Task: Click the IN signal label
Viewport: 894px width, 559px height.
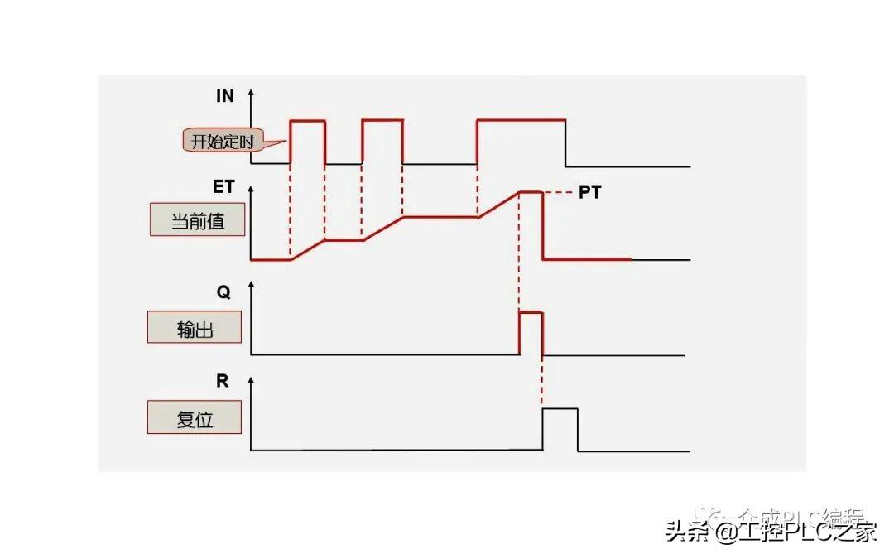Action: (x=225, y=95)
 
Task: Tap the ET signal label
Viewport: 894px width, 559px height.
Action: (x=223, y=186)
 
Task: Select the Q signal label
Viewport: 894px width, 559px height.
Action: (x=223, y=292)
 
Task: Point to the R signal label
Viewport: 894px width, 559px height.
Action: (x=223, y=381)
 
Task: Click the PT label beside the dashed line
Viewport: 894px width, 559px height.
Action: (x=590, y=193)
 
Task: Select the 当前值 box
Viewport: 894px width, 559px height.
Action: (x=197, y=221)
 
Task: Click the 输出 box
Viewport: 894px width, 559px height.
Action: (x=195, y=328)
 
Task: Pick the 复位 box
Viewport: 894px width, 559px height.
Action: (x=195, y=419)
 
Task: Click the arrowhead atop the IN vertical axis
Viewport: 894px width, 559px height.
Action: (x=251, y=89)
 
